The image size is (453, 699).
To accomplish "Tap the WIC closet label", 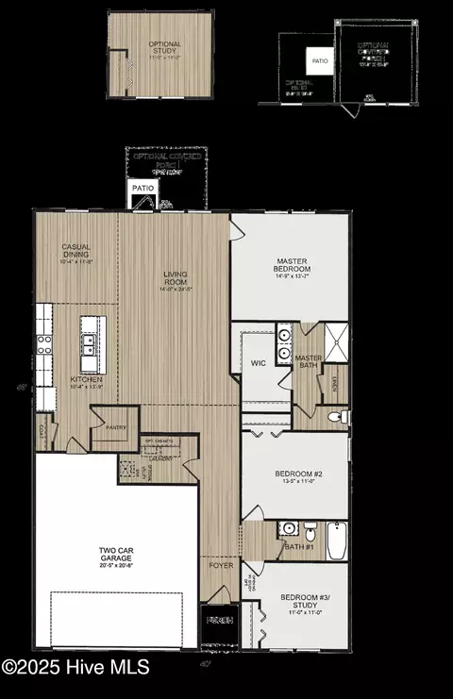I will (258, 363).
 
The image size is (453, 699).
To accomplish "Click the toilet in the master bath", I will (334, 416).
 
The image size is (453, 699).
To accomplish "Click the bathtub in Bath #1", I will (334, 543).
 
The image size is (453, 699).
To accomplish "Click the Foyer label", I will (221, 566).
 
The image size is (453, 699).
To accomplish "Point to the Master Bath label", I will (309, 363).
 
